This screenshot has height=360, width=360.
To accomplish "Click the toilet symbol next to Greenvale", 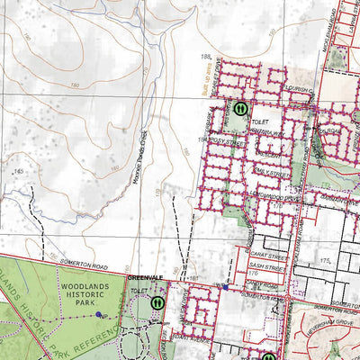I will click(157, 303).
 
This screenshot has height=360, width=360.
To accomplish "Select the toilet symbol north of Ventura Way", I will click(240, 109).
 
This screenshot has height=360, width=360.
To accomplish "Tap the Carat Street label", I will click(265, 242).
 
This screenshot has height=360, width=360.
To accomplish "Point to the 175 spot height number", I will click(327, 258).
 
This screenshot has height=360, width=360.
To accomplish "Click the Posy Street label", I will click(226, 142).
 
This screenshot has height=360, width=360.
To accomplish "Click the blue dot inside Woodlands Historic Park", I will click(98, 315).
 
